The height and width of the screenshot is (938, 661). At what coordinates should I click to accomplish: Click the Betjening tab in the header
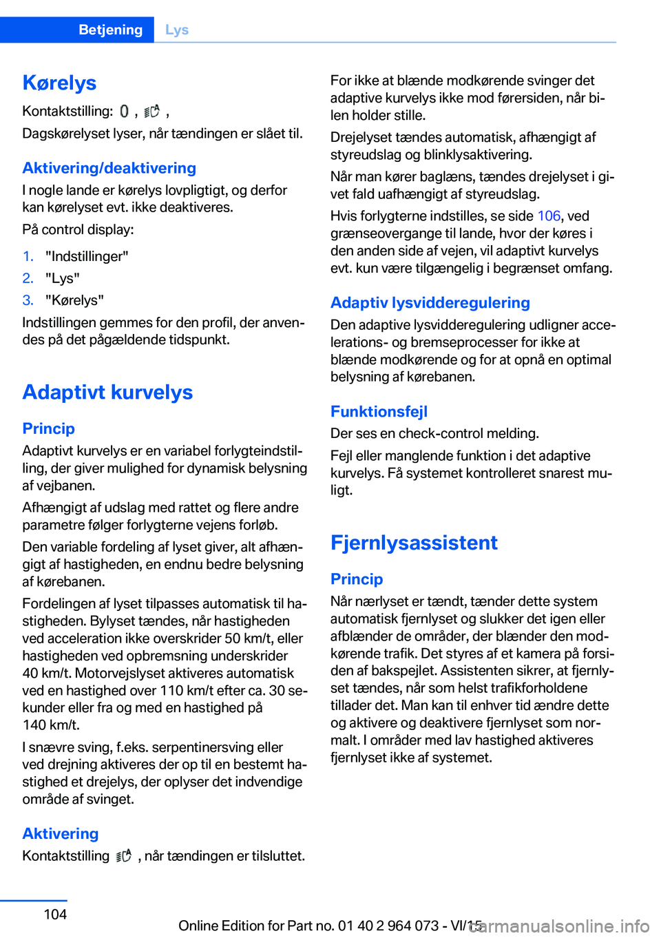coord(110,30)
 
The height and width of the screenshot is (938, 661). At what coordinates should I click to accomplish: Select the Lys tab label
coord(177,30)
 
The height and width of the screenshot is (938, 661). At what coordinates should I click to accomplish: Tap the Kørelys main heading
coord(59,83)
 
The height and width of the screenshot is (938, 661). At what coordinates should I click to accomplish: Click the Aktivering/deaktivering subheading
coord(109,168)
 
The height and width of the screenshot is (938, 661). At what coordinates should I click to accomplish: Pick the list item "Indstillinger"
coord(87,256)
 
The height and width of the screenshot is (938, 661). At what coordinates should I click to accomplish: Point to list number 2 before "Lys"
coord(28,278)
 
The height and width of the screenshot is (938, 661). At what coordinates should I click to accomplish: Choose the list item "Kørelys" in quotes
coord(74,300)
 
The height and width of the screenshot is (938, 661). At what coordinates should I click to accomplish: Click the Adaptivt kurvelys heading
coord(107,392)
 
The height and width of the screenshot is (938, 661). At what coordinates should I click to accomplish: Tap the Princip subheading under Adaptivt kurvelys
coord(48,428)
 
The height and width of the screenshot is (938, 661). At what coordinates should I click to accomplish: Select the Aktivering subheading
coord(61,833)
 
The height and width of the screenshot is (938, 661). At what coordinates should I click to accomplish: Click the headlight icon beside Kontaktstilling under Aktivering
coord(123,856)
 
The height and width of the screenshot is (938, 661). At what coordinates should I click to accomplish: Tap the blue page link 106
coord(549,216)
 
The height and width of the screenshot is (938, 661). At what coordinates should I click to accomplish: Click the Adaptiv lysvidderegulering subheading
coord(430,302)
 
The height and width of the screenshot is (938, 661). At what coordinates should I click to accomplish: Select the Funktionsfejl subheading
coord(379,411)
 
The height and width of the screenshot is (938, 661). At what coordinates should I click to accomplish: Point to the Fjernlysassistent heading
coord(414,543)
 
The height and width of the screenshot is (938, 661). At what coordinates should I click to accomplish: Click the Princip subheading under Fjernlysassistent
coord(357,579)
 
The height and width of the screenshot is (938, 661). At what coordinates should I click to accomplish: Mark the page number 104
coord(55,915)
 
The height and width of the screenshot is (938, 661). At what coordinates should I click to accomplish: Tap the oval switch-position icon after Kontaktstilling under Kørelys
coord(124,111)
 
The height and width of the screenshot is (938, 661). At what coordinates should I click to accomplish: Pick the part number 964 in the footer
coord(399,926)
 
